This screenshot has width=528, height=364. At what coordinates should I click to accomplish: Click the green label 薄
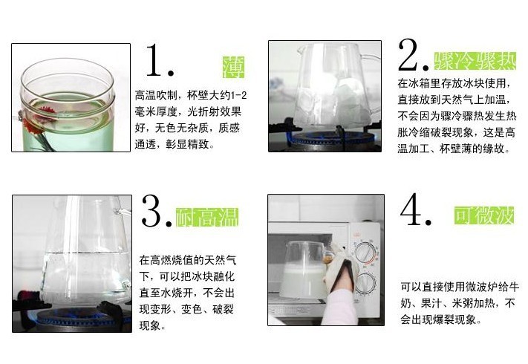coord(233,68)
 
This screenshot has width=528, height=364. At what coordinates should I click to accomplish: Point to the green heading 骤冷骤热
coord(475,61)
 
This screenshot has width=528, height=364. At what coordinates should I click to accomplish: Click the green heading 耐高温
coord(207,217)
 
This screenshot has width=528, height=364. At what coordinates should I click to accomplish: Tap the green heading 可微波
coord(484,215)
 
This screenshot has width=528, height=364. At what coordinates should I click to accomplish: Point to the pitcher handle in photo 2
coord(370,68)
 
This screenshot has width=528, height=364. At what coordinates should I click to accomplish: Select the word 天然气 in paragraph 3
coord(221,260)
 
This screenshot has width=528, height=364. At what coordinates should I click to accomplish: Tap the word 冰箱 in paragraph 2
coord(420,83)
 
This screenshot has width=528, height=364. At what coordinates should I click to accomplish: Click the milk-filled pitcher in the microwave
coord(304,270)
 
